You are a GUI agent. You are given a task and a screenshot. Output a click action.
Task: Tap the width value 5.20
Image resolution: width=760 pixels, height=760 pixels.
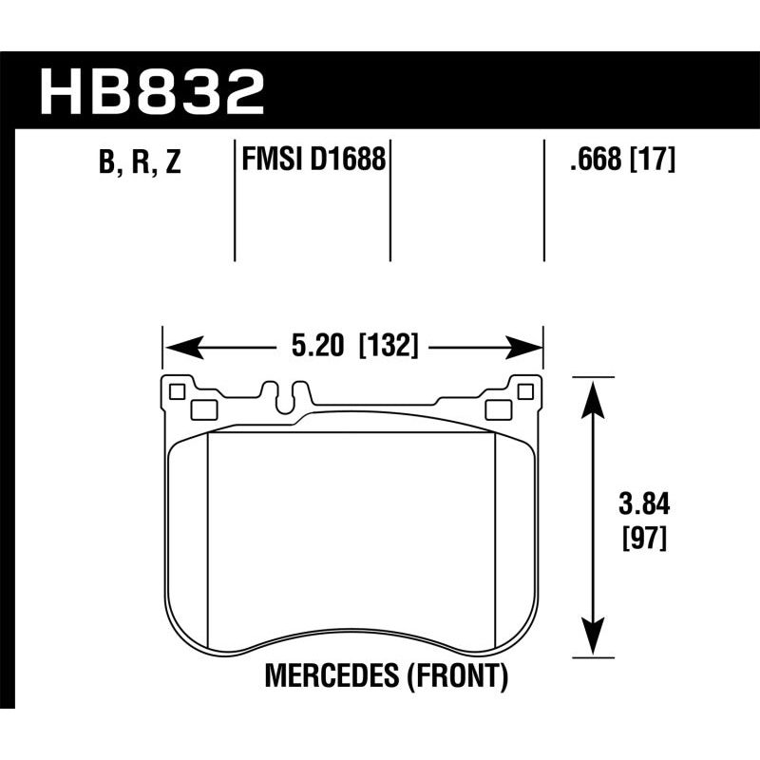click(317, 347)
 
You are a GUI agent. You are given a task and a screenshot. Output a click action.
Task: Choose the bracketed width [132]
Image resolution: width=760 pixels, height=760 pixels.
click(389, 347)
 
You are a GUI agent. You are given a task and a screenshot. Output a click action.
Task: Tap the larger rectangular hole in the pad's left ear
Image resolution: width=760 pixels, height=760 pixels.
click(203, 409)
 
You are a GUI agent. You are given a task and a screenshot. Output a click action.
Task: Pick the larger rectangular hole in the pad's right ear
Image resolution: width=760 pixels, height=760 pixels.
click(496, 409)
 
